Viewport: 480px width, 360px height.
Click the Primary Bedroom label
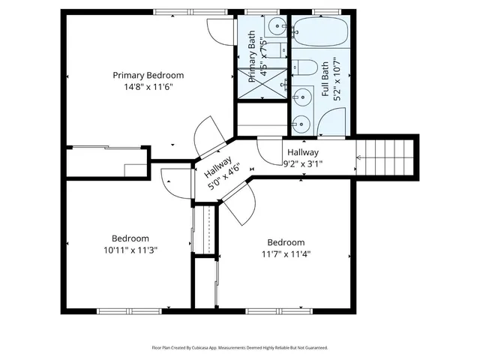148,75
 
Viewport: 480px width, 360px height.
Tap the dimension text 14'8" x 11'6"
148,87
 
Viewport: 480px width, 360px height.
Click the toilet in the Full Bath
304,68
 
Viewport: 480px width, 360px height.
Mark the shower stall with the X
262,82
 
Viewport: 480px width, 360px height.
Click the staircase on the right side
386,157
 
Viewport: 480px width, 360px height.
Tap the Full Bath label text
325,79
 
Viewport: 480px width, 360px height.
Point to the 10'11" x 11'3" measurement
130,250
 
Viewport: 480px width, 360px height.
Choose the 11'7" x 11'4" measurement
286,253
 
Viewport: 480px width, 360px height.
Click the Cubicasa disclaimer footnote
240,348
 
